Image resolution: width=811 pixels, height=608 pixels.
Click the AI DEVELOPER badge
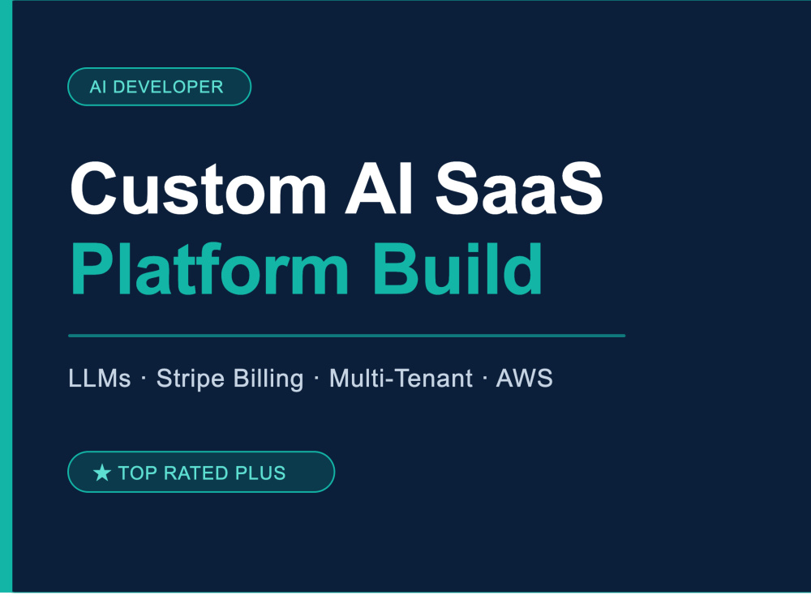[159, 87]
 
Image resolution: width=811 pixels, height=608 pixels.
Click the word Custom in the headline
[198, 188]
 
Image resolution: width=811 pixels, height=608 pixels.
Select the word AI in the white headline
[378, 188]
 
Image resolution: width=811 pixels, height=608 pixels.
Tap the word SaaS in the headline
[519, 188]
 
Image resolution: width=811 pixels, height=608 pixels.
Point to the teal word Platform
[209, 269]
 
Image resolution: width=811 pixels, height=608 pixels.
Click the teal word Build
[457, 269]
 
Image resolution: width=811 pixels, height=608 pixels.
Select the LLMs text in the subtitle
[99, 379]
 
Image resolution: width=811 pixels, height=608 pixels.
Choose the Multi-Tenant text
[401, 379]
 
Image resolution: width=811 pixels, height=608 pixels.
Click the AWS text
[525, 379]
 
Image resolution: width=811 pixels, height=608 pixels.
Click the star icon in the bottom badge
[102, 473]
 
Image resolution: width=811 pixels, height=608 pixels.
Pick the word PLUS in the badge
[260, 473]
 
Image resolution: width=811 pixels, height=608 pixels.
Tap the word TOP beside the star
[138, 473]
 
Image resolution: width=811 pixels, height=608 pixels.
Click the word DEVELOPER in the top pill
[168, 87]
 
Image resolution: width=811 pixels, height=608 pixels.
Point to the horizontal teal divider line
[346, 336]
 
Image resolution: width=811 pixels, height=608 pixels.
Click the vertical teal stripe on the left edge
[6, 296]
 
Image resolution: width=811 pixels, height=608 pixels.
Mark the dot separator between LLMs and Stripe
[144, 379]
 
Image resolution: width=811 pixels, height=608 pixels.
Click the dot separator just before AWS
[485, 379]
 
